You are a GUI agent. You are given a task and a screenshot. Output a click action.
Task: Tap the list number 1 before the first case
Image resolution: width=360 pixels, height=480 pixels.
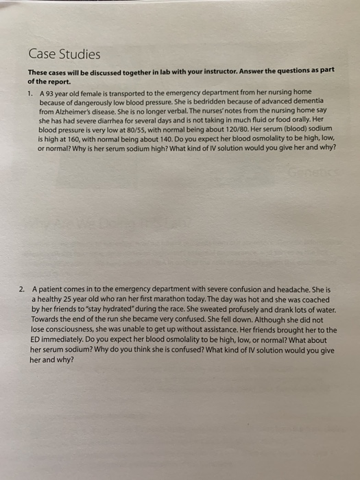[x=30, y=93]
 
